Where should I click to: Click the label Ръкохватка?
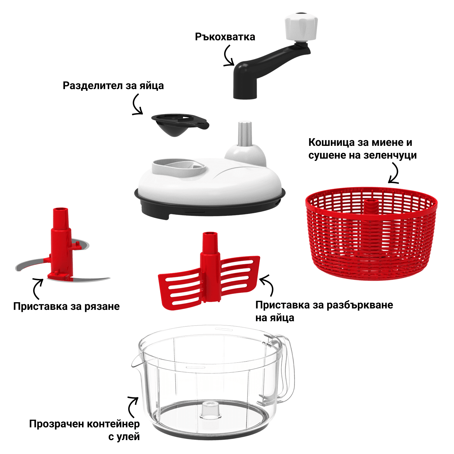click(x=225, y=37)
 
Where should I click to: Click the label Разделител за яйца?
click(x=113, y=86)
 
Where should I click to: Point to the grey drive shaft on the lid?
click(x=245, y=134)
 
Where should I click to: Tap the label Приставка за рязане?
click(x=66, y=306)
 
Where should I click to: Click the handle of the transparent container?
click(x=285, y=369)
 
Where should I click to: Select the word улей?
click(x=128, y=437)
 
